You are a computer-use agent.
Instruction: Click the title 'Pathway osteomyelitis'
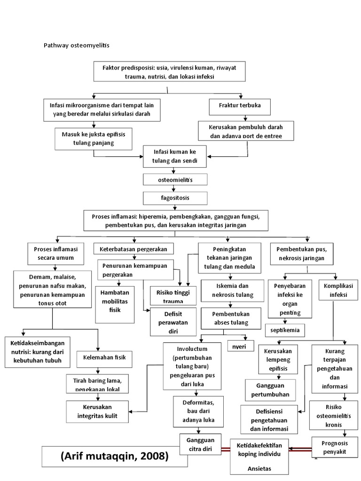76,46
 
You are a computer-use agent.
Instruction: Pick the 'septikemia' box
284,330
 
